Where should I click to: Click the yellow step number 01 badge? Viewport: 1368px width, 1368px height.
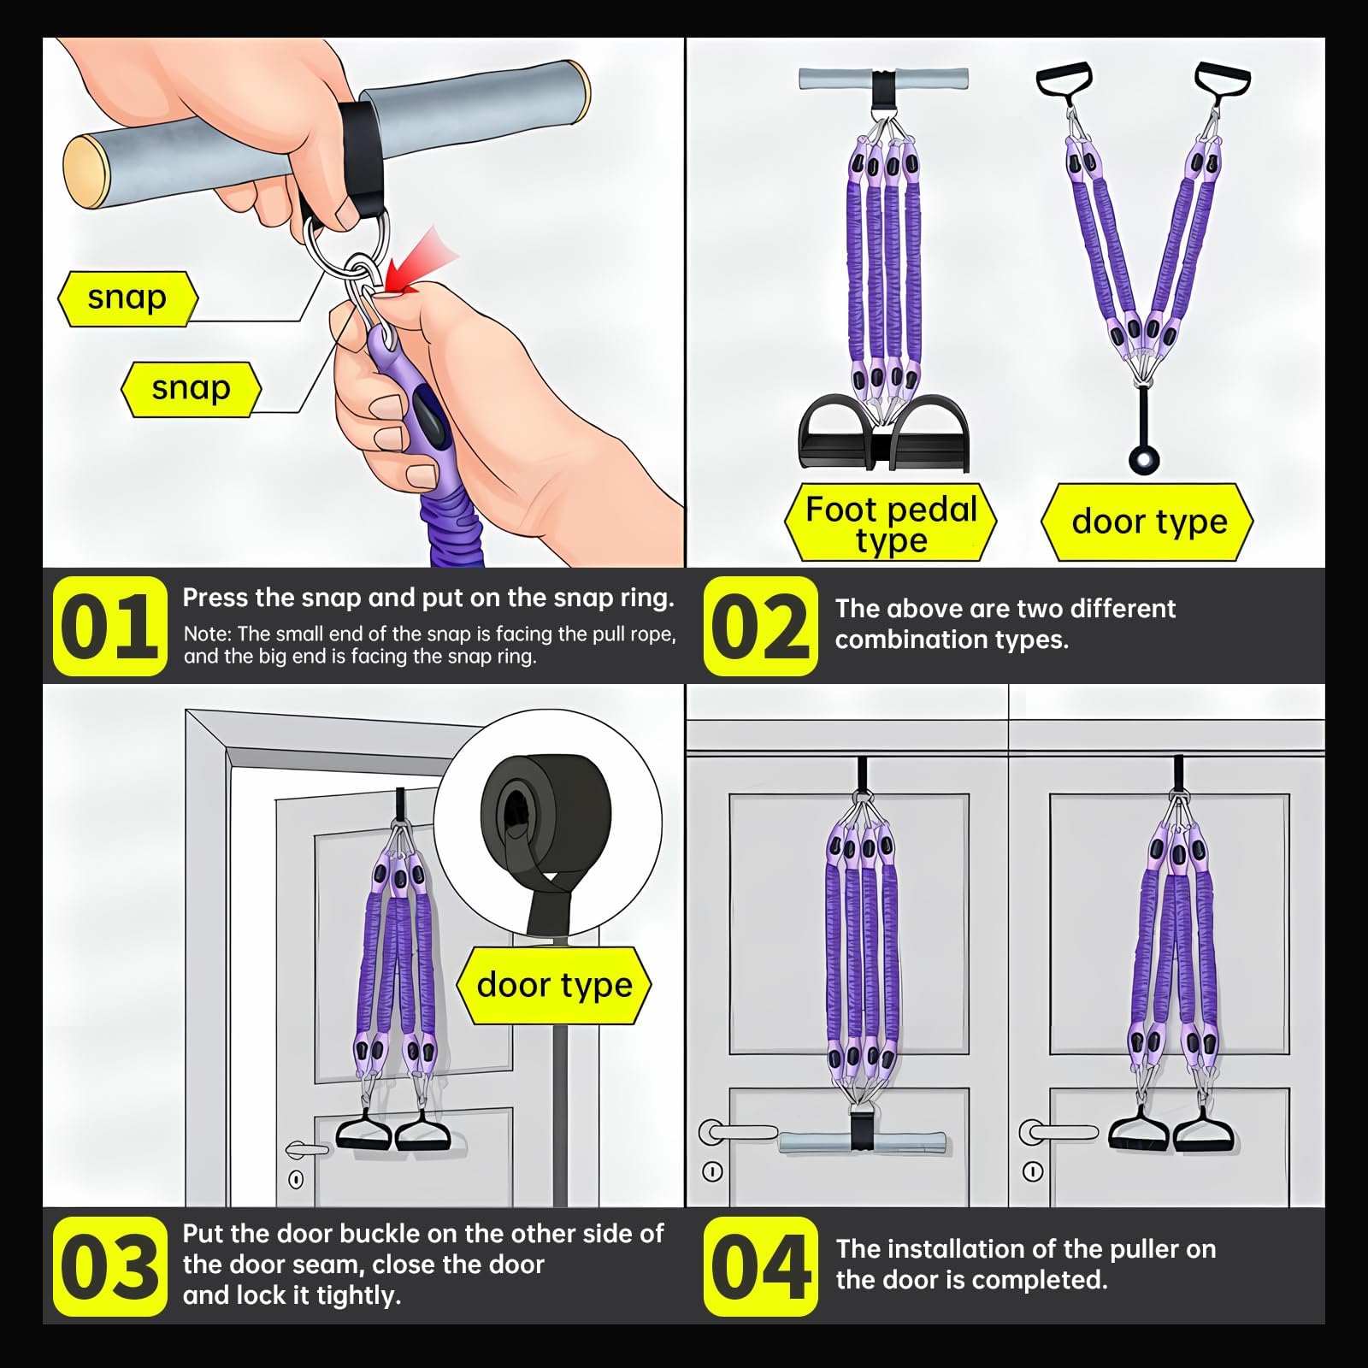point(109,626)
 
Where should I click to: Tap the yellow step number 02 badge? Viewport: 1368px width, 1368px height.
point(760,626)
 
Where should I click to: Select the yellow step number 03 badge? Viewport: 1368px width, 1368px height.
point(109,1266)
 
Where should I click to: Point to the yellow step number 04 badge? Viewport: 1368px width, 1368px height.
point(760,1266)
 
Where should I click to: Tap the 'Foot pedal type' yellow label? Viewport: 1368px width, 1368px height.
point(891,523)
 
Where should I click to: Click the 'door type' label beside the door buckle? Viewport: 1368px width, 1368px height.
point(554,985)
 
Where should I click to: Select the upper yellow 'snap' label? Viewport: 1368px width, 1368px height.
point(127,298)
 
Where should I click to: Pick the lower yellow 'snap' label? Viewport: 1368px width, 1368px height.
point(191,389)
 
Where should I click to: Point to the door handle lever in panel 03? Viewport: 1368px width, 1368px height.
point(307,1149)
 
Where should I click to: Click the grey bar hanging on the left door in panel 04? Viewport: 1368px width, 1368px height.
point(863,1142)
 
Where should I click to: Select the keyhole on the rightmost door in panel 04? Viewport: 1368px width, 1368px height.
point(1032,1171)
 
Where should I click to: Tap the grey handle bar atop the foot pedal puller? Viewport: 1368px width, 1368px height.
point(882,79)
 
